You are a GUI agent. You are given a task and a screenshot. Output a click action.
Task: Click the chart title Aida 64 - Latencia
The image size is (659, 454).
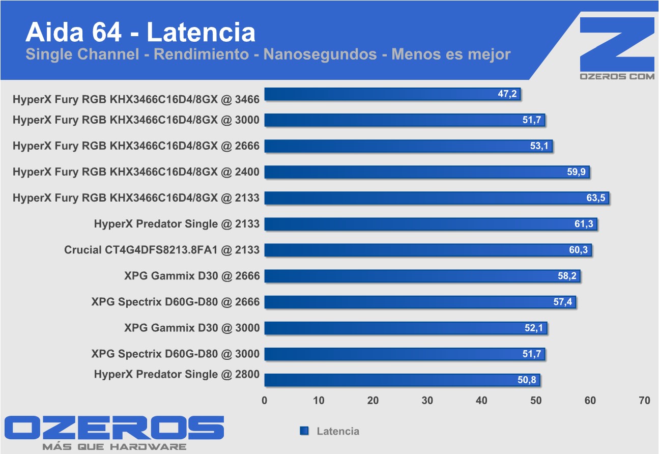click(140, 32)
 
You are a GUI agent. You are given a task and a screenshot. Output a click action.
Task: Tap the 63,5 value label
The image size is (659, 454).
click(595, 198)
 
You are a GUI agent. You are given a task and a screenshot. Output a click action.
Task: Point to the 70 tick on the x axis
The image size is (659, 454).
click(644, 401)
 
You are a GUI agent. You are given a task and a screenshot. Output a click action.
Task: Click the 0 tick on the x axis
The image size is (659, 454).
click(265, 401)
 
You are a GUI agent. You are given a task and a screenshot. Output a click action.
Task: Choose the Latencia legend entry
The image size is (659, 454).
click(337, 431)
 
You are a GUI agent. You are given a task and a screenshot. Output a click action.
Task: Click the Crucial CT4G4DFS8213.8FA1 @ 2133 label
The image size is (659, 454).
click(161, 250)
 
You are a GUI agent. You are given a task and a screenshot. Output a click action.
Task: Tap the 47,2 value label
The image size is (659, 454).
click(507, 94)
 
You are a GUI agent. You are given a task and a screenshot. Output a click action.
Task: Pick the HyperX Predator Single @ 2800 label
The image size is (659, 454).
click(177, 375)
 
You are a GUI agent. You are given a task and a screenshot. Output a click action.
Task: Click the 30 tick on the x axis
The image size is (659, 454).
click(427, 401)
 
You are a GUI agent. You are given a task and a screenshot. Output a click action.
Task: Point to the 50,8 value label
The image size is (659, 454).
click(527, 380)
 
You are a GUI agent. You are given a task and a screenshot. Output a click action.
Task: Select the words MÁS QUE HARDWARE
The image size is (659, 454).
click(114, 447)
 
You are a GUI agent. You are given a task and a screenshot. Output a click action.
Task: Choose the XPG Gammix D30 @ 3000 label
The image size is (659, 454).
click(192, 328)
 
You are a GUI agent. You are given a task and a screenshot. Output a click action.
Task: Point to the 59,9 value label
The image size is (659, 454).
click(577, 172)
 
